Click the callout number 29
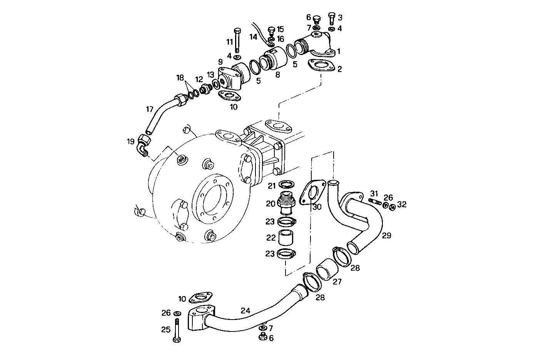click(386, 235)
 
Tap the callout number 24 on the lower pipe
click(245, 310)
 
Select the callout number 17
click(150, 109)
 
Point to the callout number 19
click(130, 142)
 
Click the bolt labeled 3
click(332, 18)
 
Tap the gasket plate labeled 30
click(311, 193)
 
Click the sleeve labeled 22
click(285, 238)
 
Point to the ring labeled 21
click(286, 185)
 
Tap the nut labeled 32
click(392, 208)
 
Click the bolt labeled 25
click(177, 330)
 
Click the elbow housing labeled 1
click(314, 44)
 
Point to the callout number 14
click(253, 37)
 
